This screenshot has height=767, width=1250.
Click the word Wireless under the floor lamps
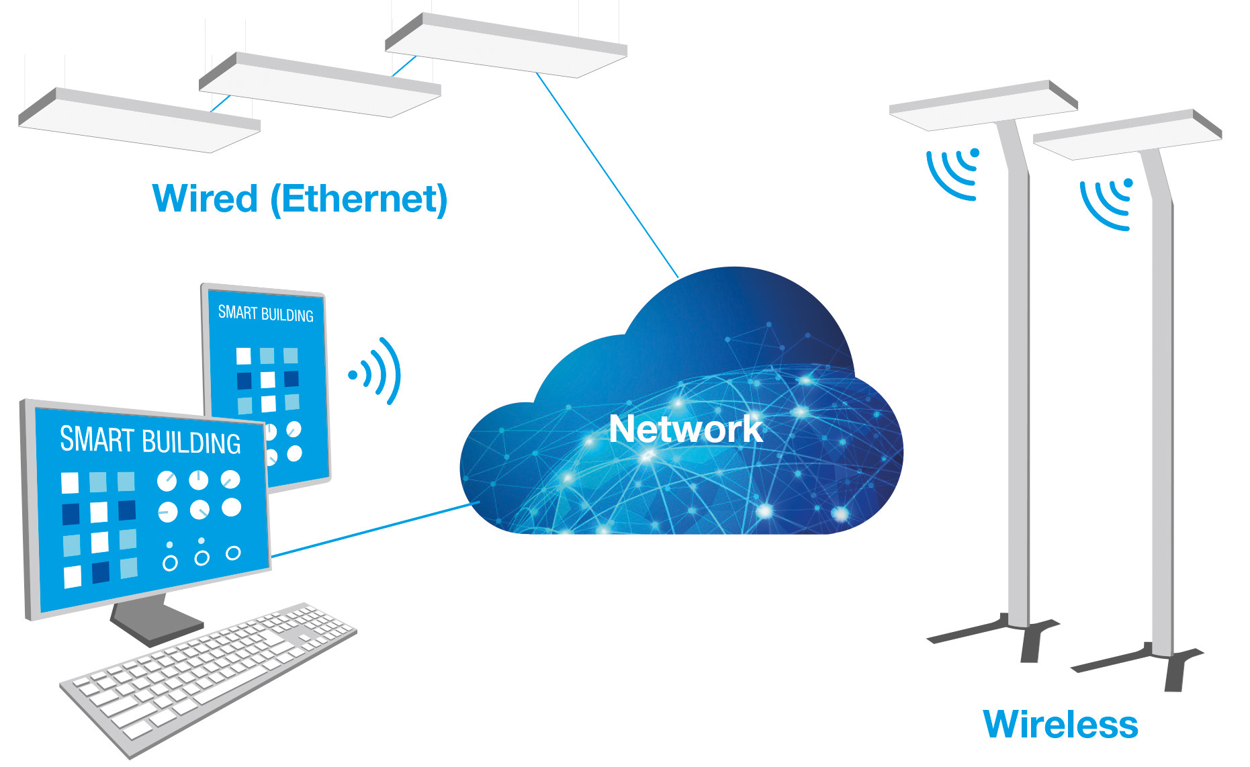point(1060,725)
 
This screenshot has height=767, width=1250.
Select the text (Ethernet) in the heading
point(359,199)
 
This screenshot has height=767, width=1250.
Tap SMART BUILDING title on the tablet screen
point(265,314)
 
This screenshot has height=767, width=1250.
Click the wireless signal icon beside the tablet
point(376,371)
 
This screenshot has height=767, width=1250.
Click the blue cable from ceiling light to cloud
point(608,176)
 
